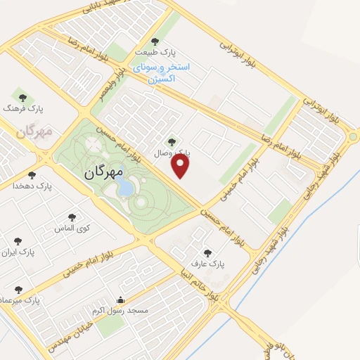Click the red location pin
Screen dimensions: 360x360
181,166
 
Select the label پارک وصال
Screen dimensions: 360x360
192,152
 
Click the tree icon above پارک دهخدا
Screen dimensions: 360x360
32,175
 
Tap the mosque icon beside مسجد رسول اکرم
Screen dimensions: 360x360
120,299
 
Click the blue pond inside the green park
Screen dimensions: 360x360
124,186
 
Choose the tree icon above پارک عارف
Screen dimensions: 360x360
207,253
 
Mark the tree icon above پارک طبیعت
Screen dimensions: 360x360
155,41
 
